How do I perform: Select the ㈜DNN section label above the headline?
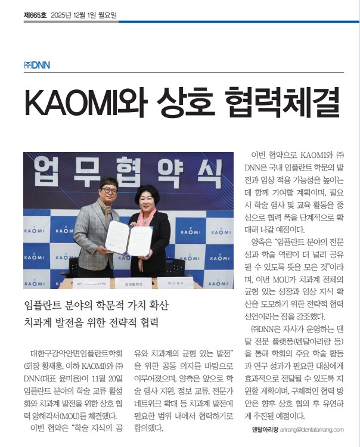pos(36,65)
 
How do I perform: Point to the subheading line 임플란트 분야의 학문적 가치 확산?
pos(97,305)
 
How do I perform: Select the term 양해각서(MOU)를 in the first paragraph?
pos(72,415)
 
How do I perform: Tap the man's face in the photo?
pos(108,193)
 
